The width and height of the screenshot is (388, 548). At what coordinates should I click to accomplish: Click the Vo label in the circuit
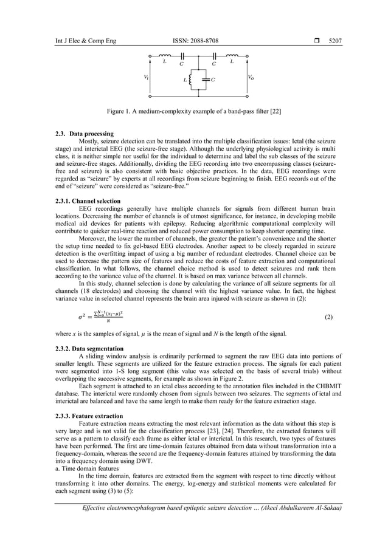point(251,77)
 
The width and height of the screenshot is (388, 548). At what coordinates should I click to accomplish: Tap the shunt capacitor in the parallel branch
point(207,80)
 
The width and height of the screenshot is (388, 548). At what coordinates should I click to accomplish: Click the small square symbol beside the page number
point(316,41)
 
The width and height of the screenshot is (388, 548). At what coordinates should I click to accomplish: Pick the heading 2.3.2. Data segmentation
point(90,349)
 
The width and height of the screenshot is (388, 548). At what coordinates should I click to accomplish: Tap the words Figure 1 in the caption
point(120,112)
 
